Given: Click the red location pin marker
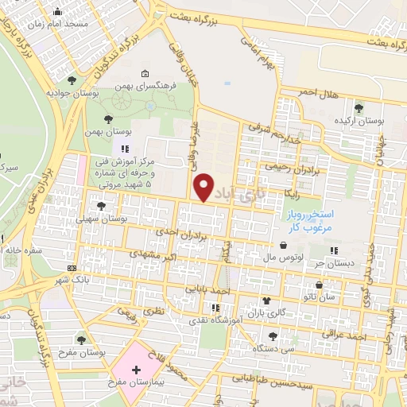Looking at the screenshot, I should pos(204,187).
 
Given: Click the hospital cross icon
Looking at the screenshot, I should pos(136,370).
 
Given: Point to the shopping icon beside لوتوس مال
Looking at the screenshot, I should pos(284,245).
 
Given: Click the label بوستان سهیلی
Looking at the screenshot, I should pos(102,217).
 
